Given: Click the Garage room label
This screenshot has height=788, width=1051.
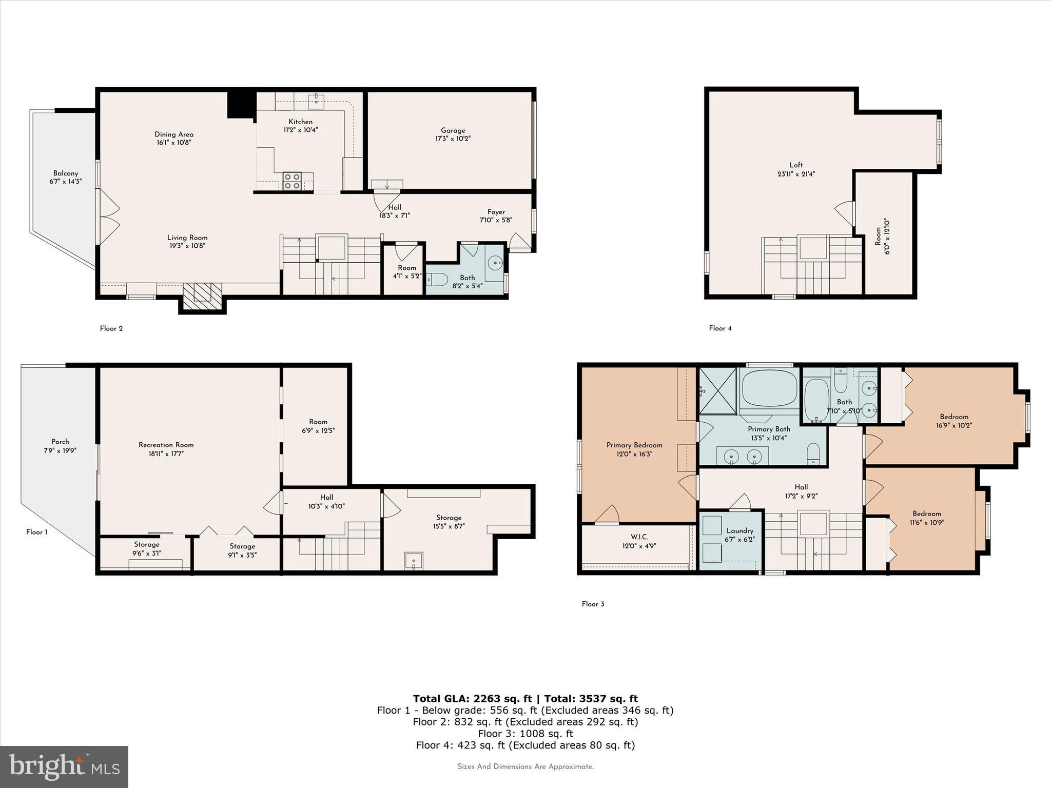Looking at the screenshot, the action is [x=453, y=130].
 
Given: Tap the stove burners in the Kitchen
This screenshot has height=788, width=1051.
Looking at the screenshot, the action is [x=292, y=181].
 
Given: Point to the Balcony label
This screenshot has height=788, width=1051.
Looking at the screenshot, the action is [x=66, y=173].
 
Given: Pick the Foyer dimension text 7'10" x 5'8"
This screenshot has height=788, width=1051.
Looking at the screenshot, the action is [x=496, y=220].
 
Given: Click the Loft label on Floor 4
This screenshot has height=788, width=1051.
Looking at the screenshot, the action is [x=796, y=165].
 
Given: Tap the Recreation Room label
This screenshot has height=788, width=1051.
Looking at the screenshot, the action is [x=166, y=445].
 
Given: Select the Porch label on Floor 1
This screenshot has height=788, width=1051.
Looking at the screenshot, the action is [x=60, y=441].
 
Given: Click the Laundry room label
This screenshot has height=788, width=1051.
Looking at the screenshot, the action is [x=739, y=530].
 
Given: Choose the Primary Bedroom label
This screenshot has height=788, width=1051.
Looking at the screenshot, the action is [x=634, y=445].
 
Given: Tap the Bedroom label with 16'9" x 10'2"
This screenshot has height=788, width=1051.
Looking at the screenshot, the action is [x=954, y=417].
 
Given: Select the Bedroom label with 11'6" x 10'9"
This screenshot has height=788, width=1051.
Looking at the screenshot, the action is [x=926, y=514].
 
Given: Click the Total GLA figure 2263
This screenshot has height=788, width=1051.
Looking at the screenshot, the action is [x=486, y=698].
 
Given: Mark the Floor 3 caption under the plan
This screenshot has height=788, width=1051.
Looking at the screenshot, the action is [x=593, y=604].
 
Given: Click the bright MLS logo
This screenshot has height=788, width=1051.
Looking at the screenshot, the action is [x=64, y=766].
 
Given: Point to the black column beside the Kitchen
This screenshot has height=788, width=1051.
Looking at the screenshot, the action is [x=241, y=105].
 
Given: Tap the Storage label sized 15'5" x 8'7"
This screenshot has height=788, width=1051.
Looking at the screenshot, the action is [x=449, y=518].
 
